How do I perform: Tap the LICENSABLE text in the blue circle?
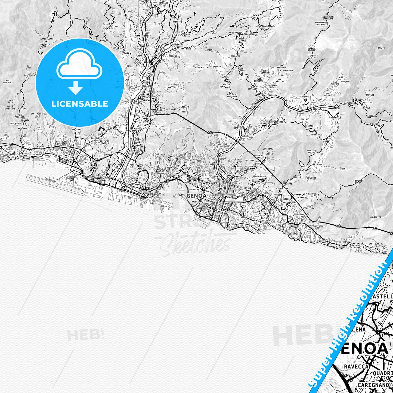click(x=80, y=104)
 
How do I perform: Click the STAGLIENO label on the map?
click(x=222, y=145)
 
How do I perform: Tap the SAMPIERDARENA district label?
click(x=135, y=184)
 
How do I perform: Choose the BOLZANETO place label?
click(x=147, y=86)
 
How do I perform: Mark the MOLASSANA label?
click(x=267, y=96)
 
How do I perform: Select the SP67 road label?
click(x=359, y=181)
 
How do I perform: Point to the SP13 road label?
click(x=312, y=49)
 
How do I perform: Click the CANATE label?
click(x=381, y=48)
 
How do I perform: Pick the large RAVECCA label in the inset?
click(x=356, y=366)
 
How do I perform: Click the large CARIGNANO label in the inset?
click(x=373, y=385)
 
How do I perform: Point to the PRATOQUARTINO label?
click(x=234, y=32)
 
